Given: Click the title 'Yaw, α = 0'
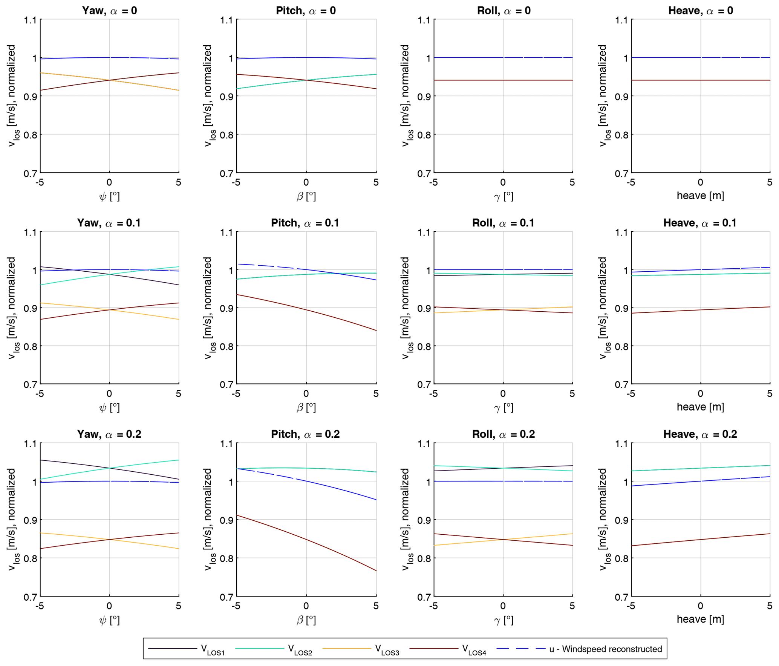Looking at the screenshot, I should click(109, 11).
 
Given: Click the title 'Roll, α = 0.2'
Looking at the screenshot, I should click(503, 434).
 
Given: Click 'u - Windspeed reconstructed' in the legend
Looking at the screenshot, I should click(605, 649).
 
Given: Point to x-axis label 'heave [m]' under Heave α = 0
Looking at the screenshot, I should click(700, 195).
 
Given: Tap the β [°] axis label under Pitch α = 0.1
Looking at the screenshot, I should click(306, 407).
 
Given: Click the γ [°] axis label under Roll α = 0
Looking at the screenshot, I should click(503, 196).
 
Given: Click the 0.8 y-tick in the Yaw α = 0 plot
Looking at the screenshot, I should click(31, 135).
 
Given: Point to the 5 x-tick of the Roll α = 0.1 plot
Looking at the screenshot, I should click(572, 394).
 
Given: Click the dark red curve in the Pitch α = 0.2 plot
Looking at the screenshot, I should click(339, 553).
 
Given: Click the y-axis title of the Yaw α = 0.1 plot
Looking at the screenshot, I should click(12, 308).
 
